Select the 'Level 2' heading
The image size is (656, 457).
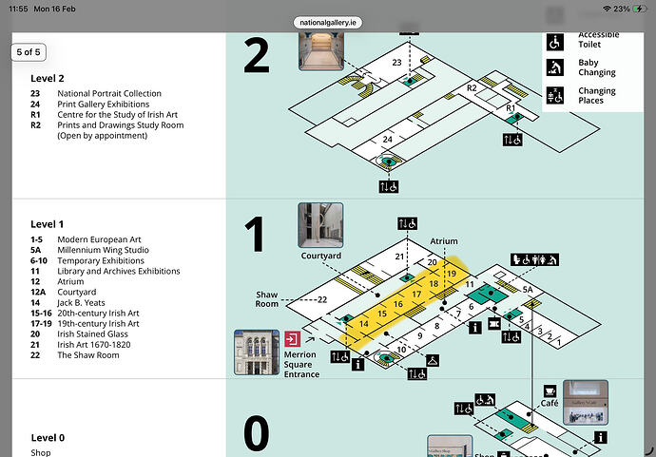(48, 78)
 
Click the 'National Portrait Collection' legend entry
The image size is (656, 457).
(109, 94)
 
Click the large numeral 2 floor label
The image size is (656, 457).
(257, 56)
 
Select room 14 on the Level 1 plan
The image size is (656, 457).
(363, 324)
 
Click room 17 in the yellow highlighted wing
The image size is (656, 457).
(416, 295)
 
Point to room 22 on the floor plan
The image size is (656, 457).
(323, 299)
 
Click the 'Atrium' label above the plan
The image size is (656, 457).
(443, 242)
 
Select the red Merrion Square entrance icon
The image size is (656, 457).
(292, 339)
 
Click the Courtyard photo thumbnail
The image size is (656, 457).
(320, 225)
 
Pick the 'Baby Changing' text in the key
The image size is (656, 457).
(596, 67)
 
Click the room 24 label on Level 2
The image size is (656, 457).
(387, 140)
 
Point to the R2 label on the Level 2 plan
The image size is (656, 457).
(472, 87)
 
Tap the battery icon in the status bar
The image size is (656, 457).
(633, 9)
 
